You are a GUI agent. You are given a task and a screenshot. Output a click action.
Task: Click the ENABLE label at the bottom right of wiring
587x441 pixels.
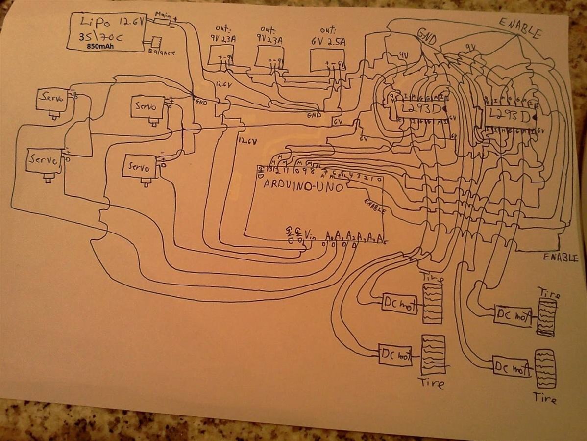[561, 258]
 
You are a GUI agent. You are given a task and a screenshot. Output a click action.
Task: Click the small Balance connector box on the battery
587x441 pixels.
[156, 42]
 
